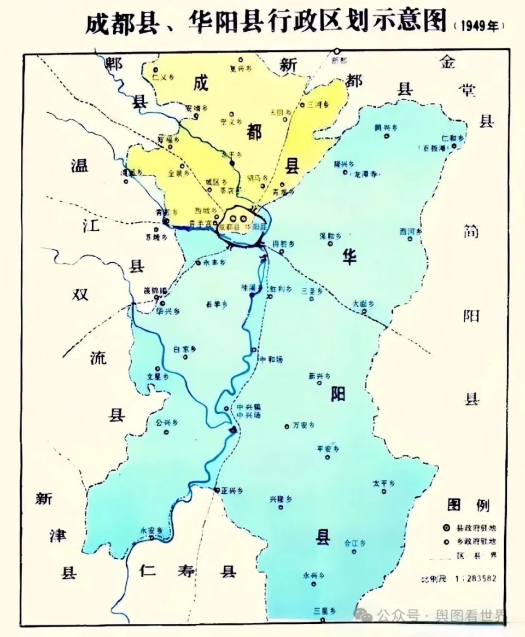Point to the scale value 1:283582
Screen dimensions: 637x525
click(x=475, y=578)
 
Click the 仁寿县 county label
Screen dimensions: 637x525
click(x=188, y=571)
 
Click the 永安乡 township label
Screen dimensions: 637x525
click(x=151, y=530)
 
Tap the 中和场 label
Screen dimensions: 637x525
click(x=271, y=360)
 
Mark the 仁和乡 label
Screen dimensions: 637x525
click(x=452, y=138)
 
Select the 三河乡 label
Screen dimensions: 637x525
click(x=318, y=104)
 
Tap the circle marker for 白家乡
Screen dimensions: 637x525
click(x=185, y=357)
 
